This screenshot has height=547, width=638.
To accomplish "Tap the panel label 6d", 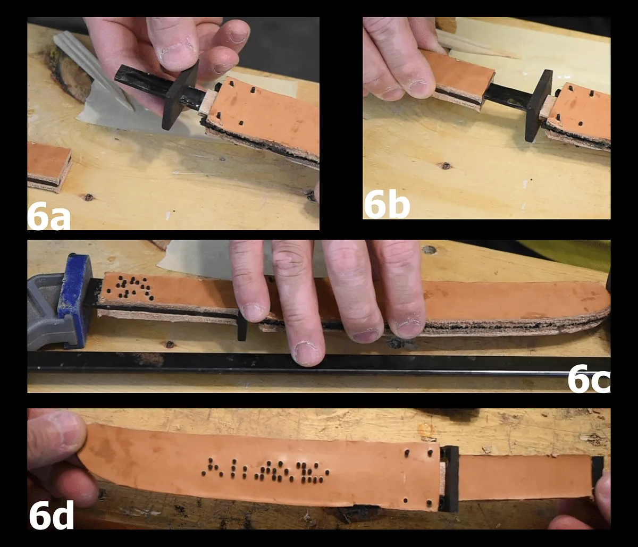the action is (51, 515).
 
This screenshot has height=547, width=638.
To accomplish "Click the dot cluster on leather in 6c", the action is (130, 288).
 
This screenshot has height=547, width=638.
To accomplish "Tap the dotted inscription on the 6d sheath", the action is (265, 471).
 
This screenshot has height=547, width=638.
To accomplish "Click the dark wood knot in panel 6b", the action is (445, 166).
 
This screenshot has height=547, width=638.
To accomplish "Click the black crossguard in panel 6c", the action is (242, 326).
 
